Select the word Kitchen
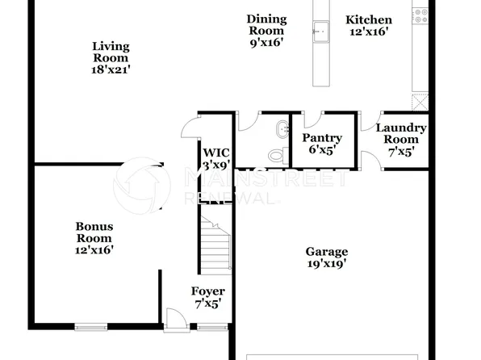(369, 20)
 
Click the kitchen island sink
(322, 32)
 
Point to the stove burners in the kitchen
(420, 12)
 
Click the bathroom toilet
(277, 153)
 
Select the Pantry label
(322, 138)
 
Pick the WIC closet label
(216, 152)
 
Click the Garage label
(326, 251)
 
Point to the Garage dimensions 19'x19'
(326, 263)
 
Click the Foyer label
(207, 291)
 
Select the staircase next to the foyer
(215, 242)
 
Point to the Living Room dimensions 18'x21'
(111, 70)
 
